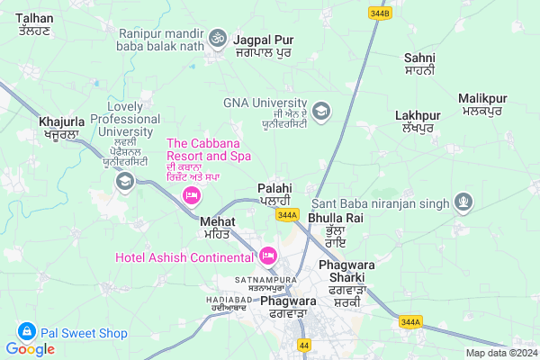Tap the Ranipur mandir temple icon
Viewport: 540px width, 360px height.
click(x=216, y=39)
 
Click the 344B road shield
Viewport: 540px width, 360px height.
click(x=380, y=13)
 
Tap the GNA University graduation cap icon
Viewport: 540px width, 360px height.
click(x=321, y=111)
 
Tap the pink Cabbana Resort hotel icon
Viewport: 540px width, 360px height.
click(x=191, y=195)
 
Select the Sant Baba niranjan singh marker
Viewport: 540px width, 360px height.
click(x=463, y=202)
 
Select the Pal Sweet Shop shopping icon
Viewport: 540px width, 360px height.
click(x=27, y=333)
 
